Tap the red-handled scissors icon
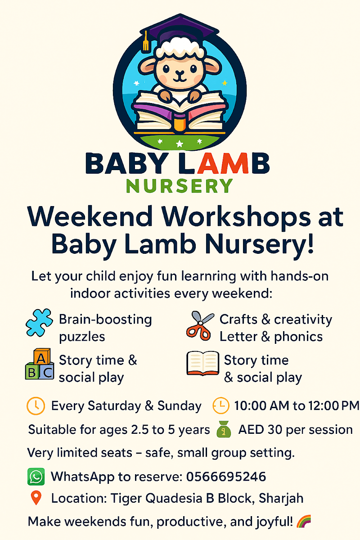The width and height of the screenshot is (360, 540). pyautogui.click(x=200, y=326)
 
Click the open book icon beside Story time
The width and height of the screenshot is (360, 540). pyautogui.click(x=202, y=364)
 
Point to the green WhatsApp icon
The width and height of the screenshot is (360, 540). pyautogui.click(x=36, y=477)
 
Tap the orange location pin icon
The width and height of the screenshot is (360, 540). pyautogui.click(x=36, y=498)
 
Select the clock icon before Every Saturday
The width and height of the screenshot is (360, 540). pyautogui.click(x=36, y=405)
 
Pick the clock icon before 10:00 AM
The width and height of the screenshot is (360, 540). pyautogui.click(x=221, y=405)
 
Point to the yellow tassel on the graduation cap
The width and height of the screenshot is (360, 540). pyautogui.click(x=146, y=42)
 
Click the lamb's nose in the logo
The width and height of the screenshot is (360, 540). pyautogui.click(x=180, y=72)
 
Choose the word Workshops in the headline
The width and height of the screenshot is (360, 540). pyautogui.click(x=229, y=217)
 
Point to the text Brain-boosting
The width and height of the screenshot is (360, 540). pyautogui.click(x=105, y=319)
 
